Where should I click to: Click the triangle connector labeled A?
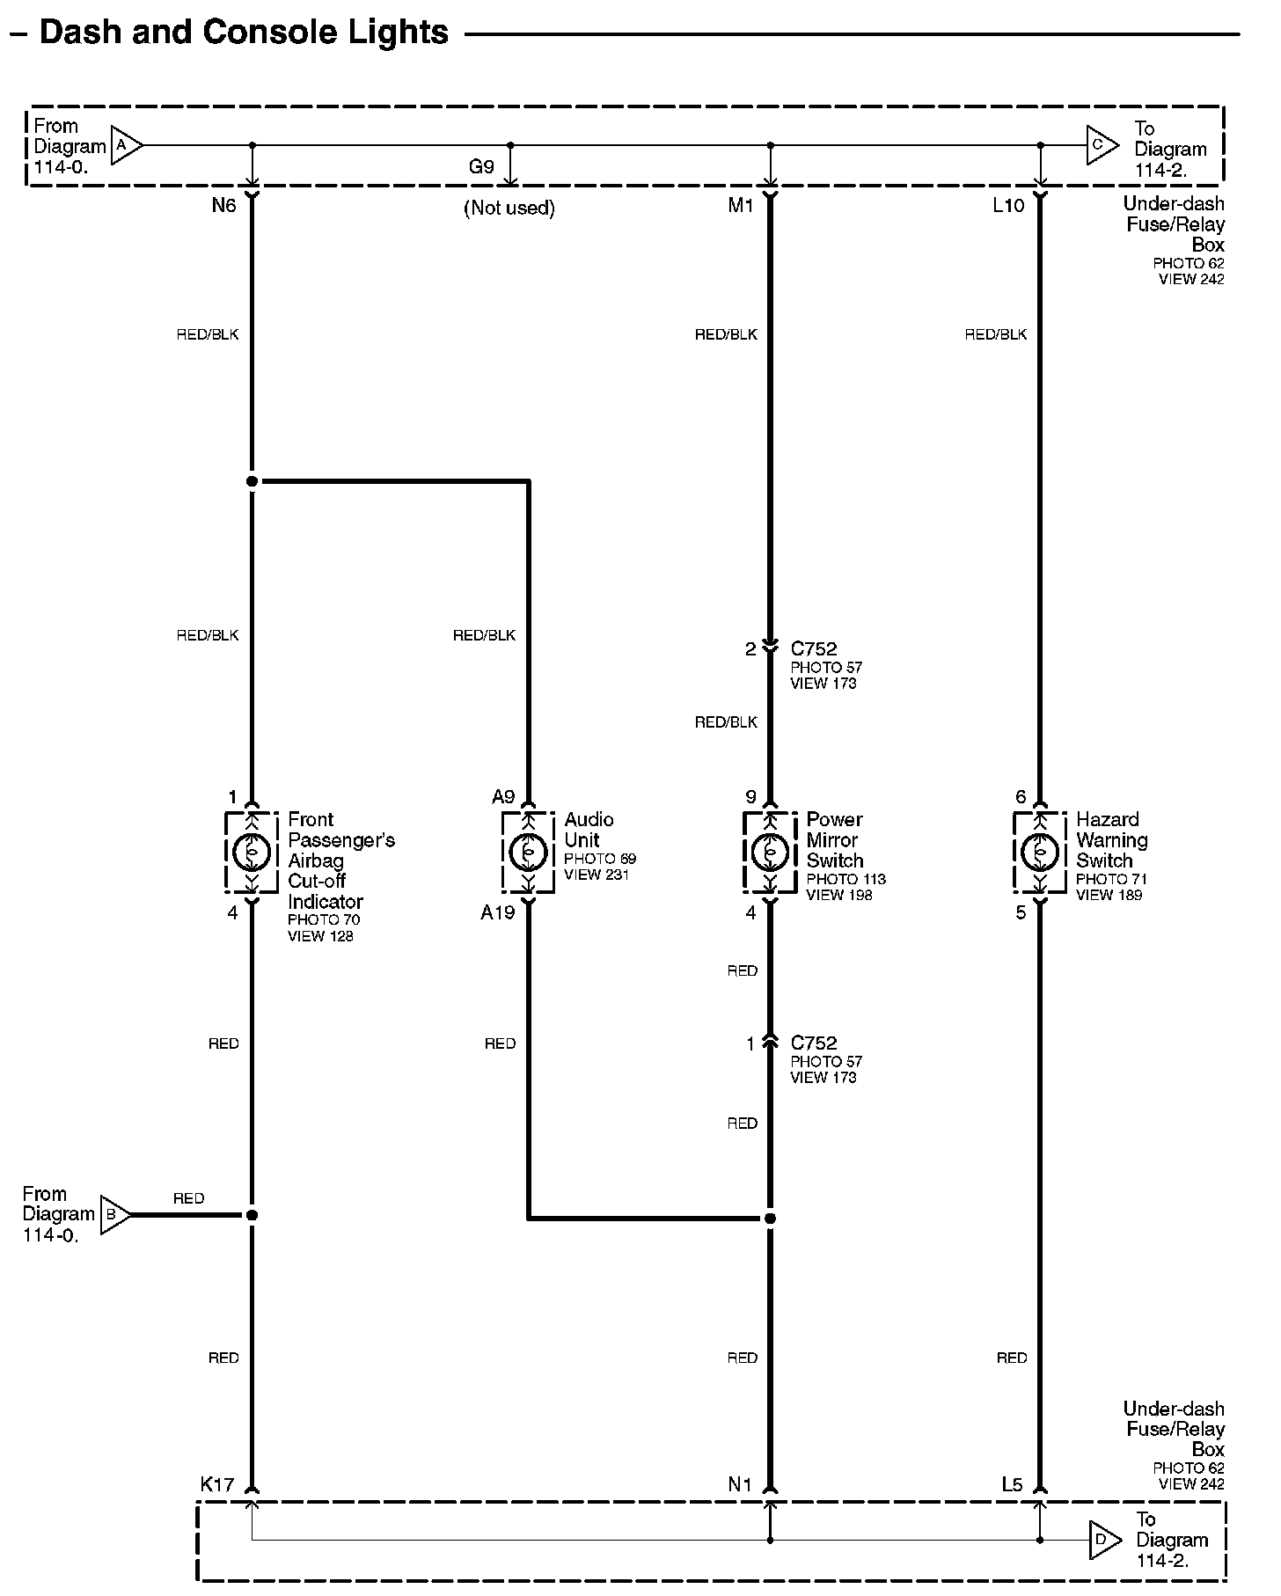tap(126, 145)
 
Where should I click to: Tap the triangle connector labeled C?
tap(1102, 145)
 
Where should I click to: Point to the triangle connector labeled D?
tap(1104, 1540)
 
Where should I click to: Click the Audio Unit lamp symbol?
tap(528, 852)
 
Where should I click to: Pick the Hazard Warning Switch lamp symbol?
tap(1040, 852)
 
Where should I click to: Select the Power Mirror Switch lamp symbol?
tap(770, 852)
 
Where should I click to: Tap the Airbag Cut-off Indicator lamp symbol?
tap(252, 852)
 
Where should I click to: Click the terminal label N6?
tap(224, 206)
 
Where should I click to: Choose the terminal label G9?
tap(481, 167)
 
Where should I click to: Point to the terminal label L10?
tap(1008, 206)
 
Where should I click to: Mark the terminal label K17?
tap(217, 1485)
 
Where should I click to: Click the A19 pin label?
tap(497, 913)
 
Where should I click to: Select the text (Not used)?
tap(509, 209)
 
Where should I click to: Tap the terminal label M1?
tap(741, 206)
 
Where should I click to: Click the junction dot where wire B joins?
tap(252, 1215)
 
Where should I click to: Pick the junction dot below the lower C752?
tap(770, 1219)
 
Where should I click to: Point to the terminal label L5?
tap(1012, 1485)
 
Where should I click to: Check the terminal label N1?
tap(740, 1485)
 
